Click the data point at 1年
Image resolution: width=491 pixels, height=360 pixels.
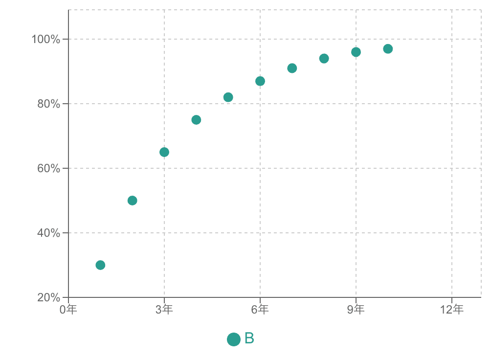(100, 265)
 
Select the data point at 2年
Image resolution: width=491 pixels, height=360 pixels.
(132, 201)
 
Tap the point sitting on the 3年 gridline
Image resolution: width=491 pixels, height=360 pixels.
(164, 152)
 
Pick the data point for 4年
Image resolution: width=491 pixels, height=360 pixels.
(196, 120)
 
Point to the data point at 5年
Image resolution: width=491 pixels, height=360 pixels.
(228, 97)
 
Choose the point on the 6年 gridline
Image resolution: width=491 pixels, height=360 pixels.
(260, 81)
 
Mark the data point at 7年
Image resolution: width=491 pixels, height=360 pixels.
(292, 68)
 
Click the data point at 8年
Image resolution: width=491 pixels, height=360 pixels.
(324, 59)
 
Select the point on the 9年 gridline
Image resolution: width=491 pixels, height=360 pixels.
(356, 52)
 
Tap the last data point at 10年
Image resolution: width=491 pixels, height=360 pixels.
(388, 49)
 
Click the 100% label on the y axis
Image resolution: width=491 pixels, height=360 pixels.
(46, 39)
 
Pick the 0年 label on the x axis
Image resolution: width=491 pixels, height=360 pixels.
(68, 310)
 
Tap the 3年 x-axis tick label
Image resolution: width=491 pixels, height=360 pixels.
(164, 310)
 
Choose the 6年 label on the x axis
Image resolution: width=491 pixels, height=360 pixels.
(260, 310)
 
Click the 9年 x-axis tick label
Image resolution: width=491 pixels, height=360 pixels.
(356, 310)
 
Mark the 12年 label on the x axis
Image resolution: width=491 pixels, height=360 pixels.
(451, 310)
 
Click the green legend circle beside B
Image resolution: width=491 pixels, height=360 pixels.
(234, 339)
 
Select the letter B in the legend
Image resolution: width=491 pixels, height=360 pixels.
(249, 338)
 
